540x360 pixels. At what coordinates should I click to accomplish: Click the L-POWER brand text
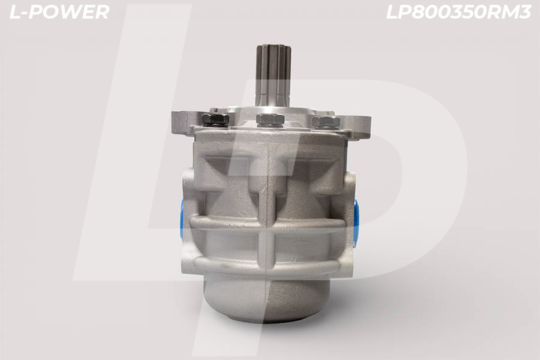[x=59, y=12]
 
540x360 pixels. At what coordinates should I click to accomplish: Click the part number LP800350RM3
[x=458, y=12]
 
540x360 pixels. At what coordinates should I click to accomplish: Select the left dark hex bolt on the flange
[x=215, y=120]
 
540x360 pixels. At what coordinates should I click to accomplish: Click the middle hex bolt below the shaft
[x=270, y=120]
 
